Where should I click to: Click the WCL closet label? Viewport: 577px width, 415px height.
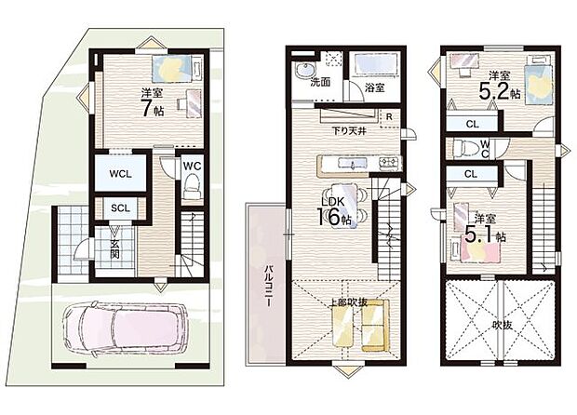[120, 174]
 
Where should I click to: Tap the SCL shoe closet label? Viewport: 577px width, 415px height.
[120, 208]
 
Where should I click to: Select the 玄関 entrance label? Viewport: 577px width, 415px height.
[115, 248]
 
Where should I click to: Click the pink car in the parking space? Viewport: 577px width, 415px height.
[125, 328]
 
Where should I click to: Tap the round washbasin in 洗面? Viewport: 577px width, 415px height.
[306, 70]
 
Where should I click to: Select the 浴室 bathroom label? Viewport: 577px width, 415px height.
[375, 87]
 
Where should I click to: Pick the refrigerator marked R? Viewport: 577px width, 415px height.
[389, 117]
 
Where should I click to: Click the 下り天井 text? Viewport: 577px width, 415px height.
[349, 130]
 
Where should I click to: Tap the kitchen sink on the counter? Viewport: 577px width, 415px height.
[353, 163]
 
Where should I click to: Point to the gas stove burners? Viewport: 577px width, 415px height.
[390, 163]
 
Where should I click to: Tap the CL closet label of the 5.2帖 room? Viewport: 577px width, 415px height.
[472, 124]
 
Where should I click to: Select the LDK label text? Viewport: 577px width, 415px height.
[332, 202]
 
